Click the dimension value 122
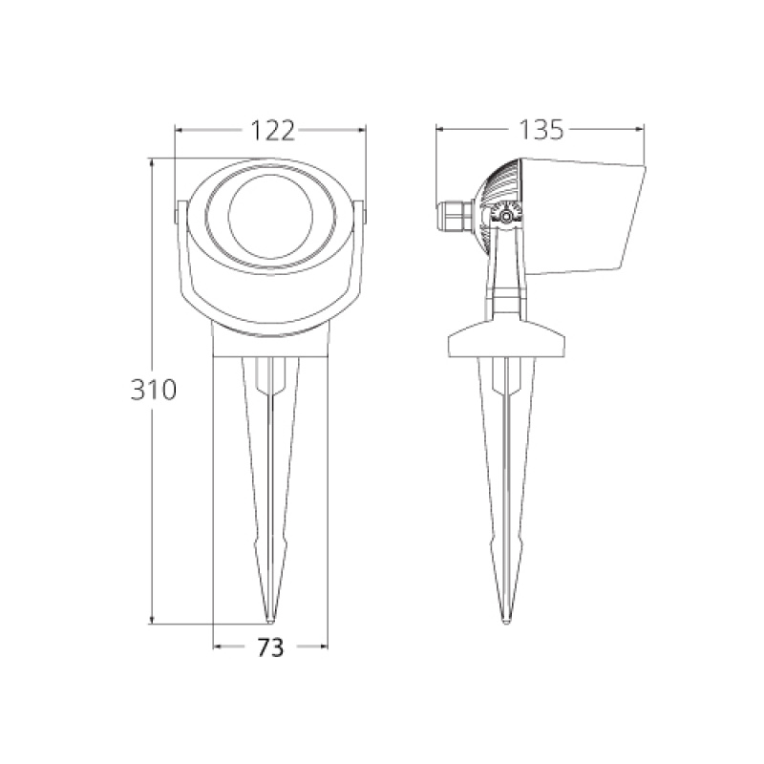pyautogui.click(x=272, y=131)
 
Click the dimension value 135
pyautogui.click(x=541, y=130)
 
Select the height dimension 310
pyautogui.click(x=153, y=390)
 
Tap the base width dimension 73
pyautogui.click(x=270, y=647)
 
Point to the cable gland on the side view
pyautogui.click(x=455, y=217)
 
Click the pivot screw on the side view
pyautogui.click(x=507, y=215)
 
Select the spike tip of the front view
pyautogui.click(x=270, y=622)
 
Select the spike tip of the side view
pyautogui.click(x=507, y=622)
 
